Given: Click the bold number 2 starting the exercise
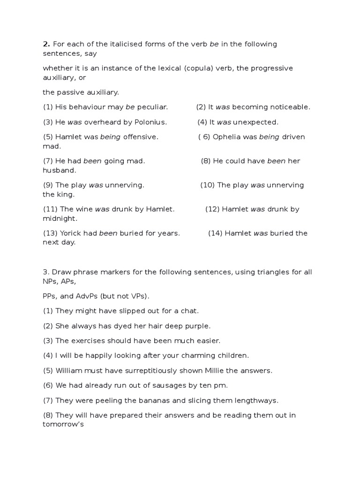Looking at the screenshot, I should coord(46,44).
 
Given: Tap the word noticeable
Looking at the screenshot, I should coord(289,107).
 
